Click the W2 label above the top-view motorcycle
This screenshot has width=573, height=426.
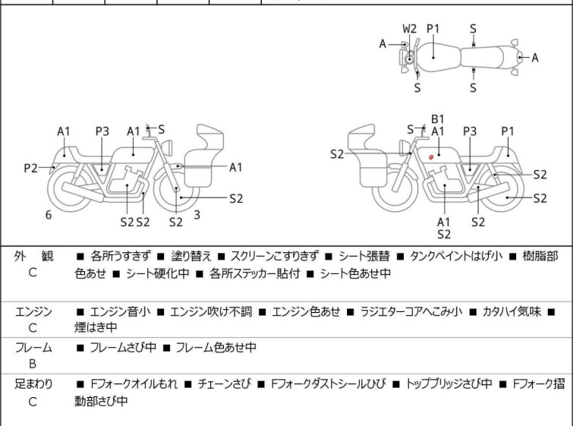click(410, 28)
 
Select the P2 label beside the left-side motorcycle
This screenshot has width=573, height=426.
click(30, 168)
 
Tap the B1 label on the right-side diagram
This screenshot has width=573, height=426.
click(437, 118)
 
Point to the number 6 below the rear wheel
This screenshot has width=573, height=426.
click(49, 215)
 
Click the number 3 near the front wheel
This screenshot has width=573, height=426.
click(197, 215)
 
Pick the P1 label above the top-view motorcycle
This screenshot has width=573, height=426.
click(433, 28)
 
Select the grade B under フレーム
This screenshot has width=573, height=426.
click(33, 363)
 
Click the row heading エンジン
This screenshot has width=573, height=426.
click(33, 311)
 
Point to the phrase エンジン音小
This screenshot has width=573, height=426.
click(120, 311)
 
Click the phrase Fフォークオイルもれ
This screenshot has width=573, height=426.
click(134, 384)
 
